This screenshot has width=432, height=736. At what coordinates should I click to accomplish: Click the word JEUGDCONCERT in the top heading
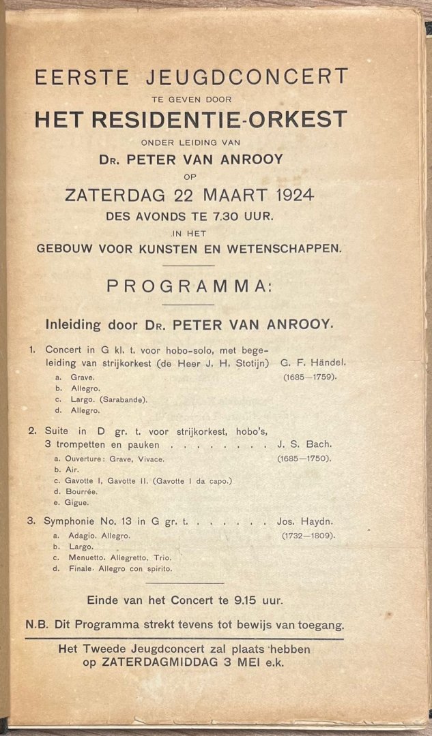(x=257, y=76)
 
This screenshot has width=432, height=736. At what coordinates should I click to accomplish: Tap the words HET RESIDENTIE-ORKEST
(x=190, y=119)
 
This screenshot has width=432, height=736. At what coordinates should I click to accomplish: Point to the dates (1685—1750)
(x=304, y=459)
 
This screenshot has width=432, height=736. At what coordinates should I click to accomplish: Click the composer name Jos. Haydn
(x=305, y=522)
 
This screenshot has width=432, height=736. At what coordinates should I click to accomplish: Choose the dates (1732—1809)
(x=308, y=536)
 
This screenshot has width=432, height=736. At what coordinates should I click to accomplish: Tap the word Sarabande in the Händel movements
(x=126, y=399)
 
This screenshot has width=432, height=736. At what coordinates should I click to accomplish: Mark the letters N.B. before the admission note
(x=37, y=624)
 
